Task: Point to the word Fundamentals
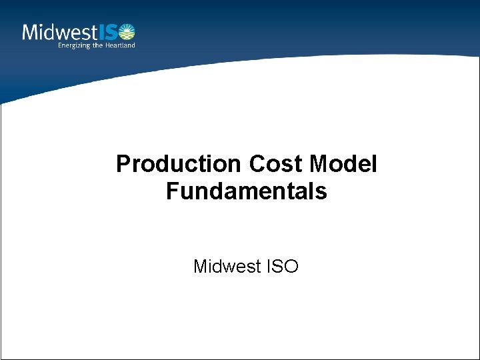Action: click(x=247, y=192)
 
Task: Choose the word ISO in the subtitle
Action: click(x=283, y=267)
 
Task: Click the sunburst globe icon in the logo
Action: click(x=127, y=31)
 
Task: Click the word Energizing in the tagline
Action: click(x=74, y=45)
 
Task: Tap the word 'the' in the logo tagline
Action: click(x=98, y=45)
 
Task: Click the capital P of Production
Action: click(x=123, y=164)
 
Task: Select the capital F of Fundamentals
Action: click(x=172, y=192)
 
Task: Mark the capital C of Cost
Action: click(x=257, y=164)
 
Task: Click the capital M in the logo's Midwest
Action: click(x=30, y=32)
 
